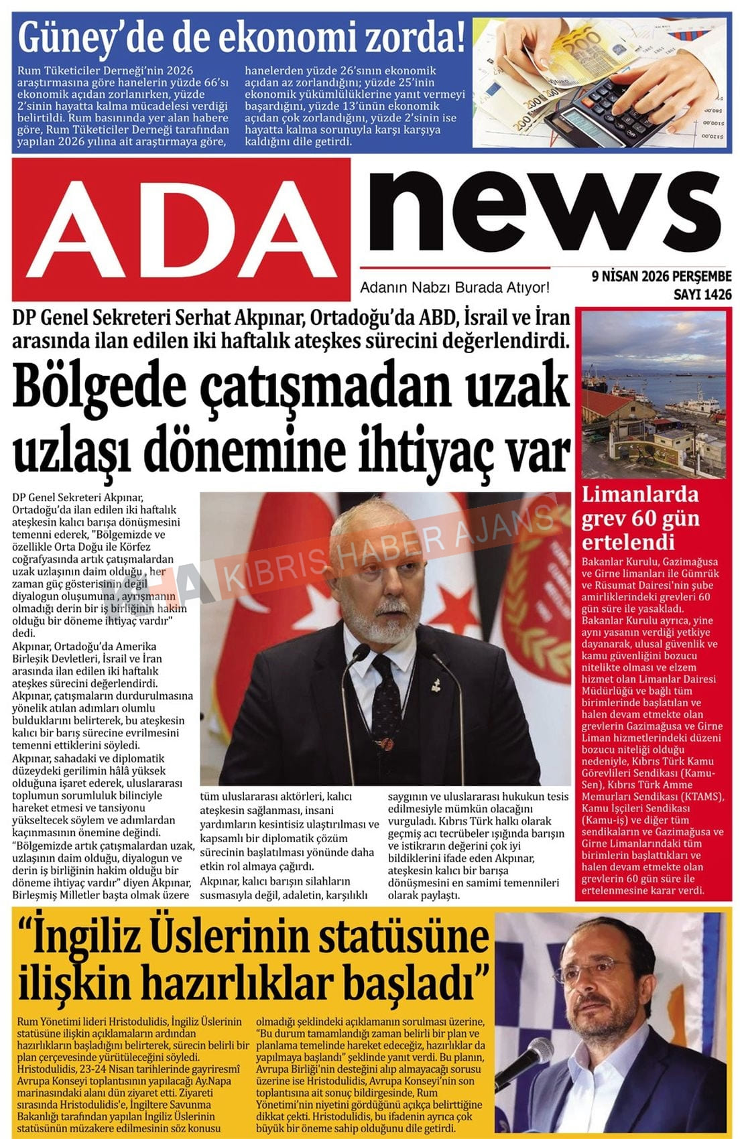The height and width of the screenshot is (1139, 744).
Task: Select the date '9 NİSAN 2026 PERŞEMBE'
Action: coord(661,277)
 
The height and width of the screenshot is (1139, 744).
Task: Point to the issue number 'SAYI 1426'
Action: coord(702,294)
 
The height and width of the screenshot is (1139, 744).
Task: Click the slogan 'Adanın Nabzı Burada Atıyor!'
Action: coord(454,288)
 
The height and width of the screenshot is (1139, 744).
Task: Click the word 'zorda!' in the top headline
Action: coord(414,38)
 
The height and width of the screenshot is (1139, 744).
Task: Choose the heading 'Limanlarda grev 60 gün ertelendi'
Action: coord(639,518)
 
